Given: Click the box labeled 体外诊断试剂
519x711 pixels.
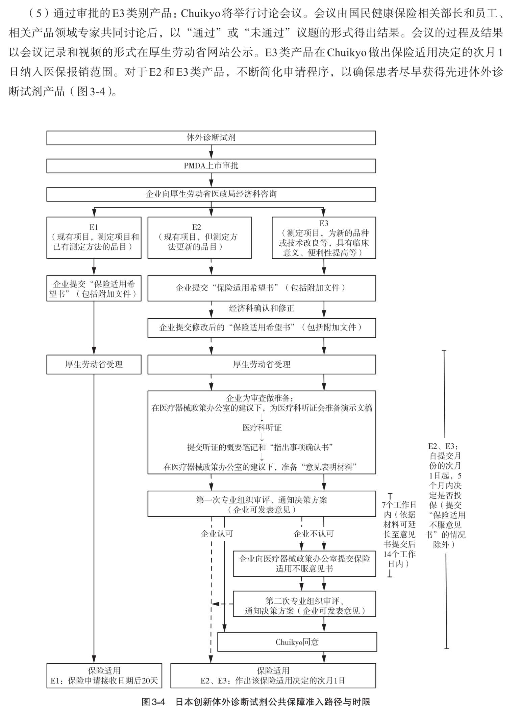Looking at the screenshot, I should [211, 138].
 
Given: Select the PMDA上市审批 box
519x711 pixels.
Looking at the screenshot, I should [211, 166].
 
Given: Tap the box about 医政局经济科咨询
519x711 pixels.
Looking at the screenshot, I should [211, 194].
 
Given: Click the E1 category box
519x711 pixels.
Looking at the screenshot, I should [94, 238].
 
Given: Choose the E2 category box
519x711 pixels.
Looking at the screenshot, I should [199, 238].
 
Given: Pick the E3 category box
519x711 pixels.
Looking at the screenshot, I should [324, 238].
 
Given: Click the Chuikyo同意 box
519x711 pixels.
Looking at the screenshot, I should [297, 642].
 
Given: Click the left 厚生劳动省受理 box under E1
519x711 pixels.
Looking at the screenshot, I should [94, 364].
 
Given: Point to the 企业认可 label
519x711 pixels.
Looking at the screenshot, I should [217, 534].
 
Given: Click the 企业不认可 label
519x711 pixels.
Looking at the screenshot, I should [313, 534].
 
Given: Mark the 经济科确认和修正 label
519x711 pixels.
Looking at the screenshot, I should [262, 308].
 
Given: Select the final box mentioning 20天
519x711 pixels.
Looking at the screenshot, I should [104, 676].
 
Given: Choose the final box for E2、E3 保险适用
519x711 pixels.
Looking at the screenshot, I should [273, 676].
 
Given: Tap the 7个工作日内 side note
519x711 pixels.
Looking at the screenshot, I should [399, 534].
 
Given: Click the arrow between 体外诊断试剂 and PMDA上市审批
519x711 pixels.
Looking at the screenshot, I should [211, 152].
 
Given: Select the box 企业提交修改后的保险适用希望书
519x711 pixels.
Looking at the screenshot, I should [262, 327].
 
